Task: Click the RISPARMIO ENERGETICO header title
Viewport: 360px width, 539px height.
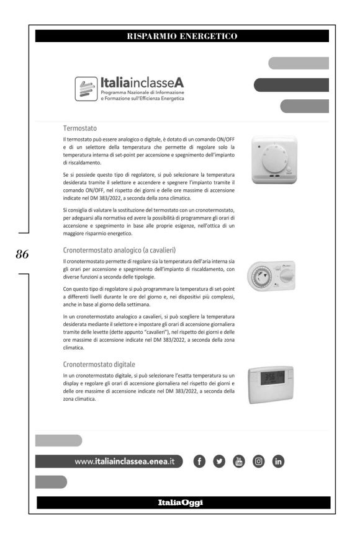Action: pyautogui.click(x=182, y=36)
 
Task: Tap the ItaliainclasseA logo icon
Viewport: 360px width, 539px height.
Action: pyautogui.click(x=86, y=89)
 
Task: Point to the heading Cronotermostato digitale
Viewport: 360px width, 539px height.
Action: pyautogui.click(x=99, y=364)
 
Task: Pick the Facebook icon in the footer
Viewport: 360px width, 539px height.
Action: pyautogui.click(x=200, y=461)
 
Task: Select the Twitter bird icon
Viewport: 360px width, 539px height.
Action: pyautogui.click(x=220, y=461)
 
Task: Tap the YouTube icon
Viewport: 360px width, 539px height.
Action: pyautogui.click(x=240, y=461)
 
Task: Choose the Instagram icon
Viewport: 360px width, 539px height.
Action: pyautogui.click(x=259, y=461)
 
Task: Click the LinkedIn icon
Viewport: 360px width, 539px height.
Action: pyautogui.click(x=279, y=461)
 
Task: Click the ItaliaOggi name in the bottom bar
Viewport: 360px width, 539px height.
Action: pyautogui.click(x=180, y=502)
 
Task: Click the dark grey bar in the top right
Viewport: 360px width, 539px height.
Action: pyautogui.click(x=291, y=84)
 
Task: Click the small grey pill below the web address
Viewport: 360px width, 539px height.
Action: pyautogui.click(x=51, y=481)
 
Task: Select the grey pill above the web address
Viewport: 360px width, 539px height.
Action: pyautogui.click(x=58, y=440)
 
